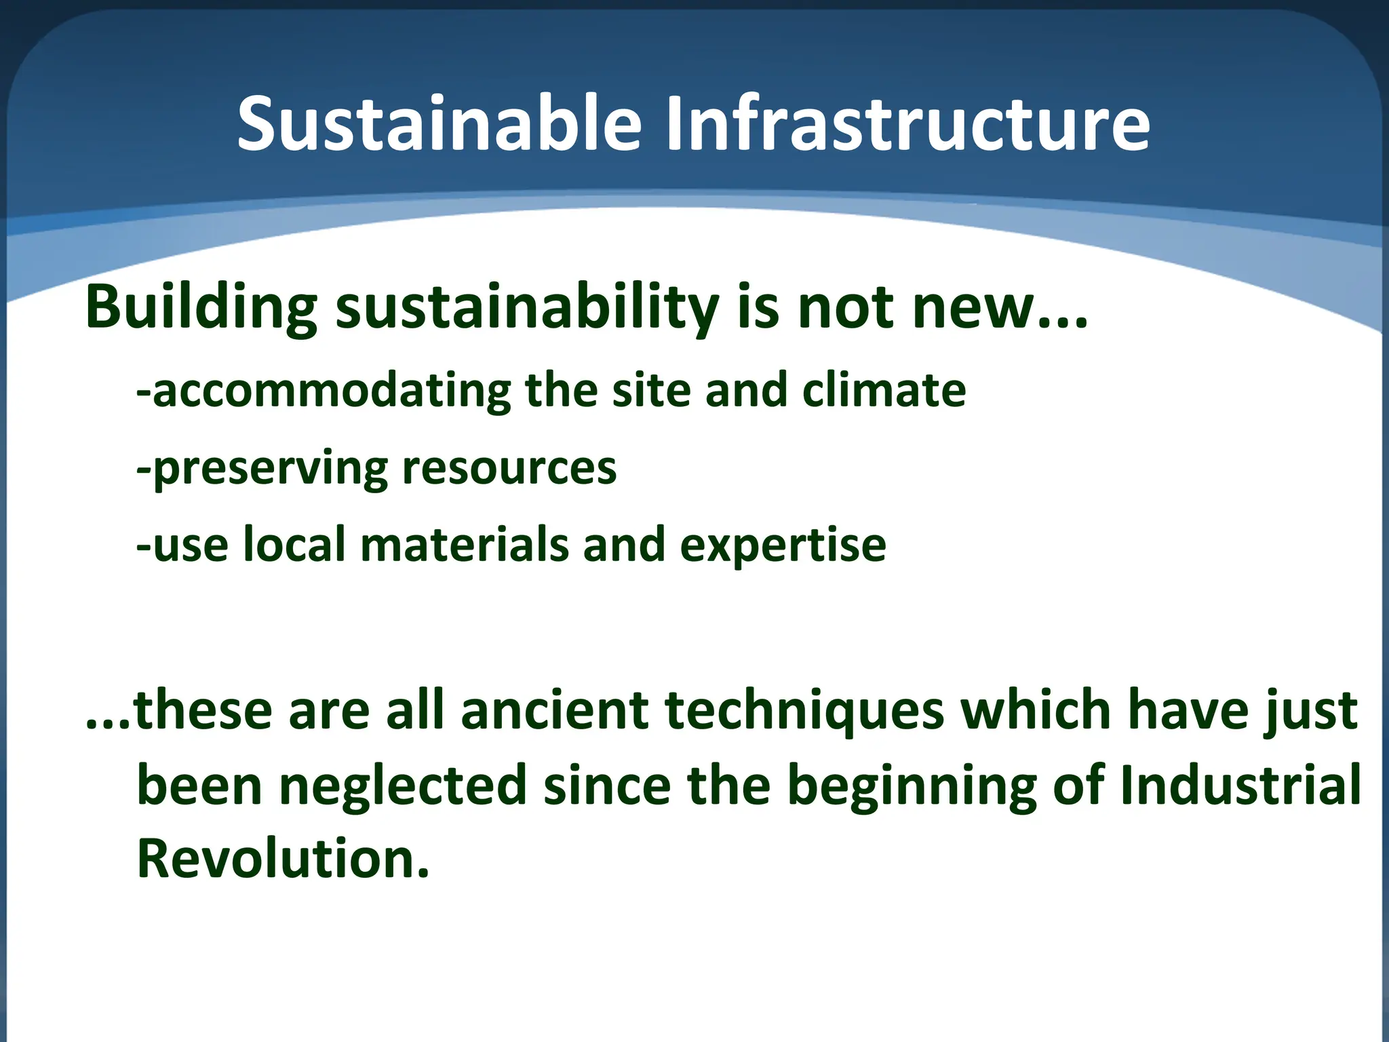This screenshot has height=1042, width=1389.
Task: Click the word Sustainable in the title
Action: (439, 124)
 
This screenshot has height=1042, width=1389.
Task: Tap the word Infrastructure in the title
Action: (907, 124)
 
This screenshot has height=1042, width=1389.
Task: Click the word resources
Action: (509, 468)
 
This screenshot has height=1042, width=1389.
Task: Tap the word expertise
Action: (783, 545)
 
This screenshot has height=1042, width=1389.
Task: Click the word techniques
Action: (804, 710)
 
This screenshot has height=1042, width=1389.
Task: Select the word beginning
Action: (912, 786)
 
